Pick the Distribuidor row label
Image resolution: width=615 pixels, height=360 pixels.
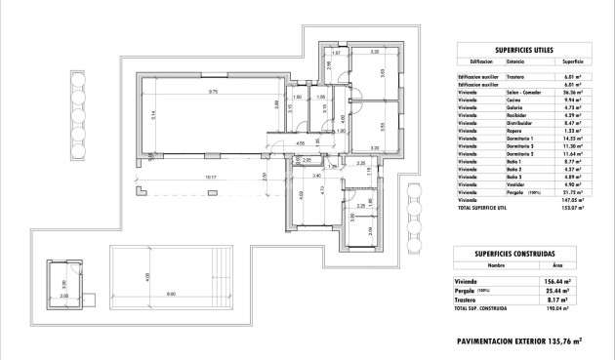tap(519, 124)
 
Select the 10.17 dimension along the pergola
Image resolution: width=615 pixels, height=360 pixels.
tap(198, 177)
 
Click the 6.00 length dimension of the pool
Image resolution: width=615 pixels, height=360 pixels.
tap(171, 294)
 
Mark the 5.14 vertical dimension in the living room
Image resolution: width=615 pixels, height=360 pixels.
tap(153, 114)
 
